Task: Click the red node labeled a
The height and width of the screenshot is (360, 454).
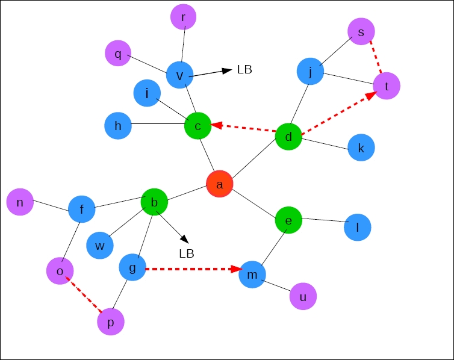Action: pos(219,184)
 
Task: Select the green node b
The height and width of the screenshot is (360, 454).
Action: pos(154,202)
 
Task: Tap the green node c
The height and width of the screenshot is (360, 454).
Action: pos(197,125)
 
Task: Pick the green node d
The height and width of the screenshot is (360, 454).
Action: pos(288,137)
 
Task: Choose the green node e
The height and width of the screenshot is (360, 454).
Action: pos(288,220)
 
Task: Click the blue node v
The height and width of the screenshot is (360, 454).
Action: pos(179,75)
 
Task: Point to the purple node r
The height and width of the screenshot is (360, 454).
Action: pos(184,17)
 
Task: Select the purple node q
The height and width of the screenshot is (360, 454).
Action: pos(118,54)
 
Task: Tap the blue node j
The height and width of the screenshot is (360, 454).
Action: pos(310,72)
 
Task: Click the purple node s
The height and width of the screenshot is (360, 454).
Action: pos(361,31)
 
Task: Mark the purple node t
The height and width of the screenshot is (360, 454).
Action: pos(387,86)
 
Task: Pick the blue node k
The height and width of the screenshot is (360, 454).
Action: pos(361,147)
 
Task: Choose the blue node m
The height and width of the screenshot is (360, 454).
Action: pos(252,275)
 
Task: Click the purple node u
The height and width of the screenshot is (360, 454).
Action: pos(303,296)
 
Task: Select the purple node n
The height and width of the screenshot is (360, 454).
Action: pos(20,202)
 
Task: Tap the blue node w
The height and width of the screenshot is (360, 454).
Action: pos(100,245)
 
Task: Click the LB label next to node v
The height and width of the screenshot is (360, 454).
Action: pos(244,70)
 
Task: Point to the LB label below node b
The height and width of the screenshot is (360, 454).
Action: pos(187,253)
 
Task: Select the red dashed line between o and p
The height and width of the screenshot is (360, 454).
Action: pos(85,294)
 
